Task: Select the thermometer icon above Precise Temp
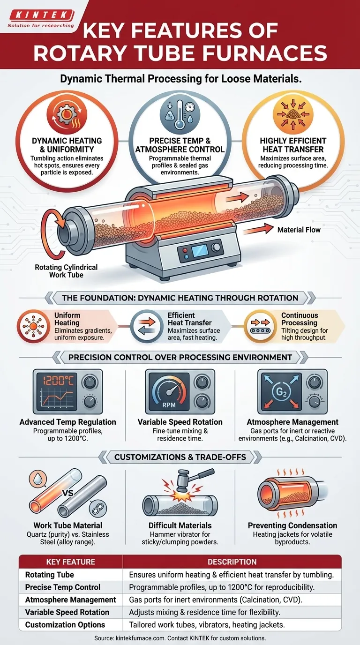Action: [x=180, y=114]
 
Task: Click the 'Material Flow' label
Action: [x=299, y=230]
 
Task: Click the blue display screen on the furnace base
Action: [x=200, y=251]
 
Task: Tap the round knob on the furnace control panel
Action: [x=216, y=247]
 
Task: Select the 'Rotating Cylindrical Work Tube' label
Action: [x=66, y=271]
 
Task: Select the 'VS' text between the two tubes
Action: [x=68, y=493]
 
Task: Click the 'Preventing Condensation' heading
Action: [x=292, y=525]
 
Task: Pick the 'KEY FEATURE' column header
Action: [x=71, y=562]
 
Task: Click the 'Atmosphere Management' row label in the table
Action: [x=71, y=600]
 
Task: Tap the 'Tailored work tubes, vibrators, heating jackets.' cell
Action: [x=207, y=625]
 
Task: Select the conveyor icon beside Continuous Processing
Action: [x=260, y=327]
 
